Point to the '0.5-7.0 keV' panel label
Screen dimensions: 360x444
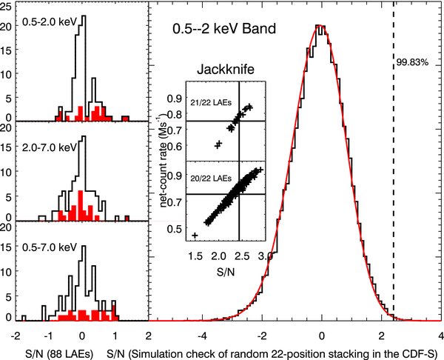41,240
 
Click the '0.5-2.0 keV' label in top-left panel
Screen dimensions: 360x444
41,23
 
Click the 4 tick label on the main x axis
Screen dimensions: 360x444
440,333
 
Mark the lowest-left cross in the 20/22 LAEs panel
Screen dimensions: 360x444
195,236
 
